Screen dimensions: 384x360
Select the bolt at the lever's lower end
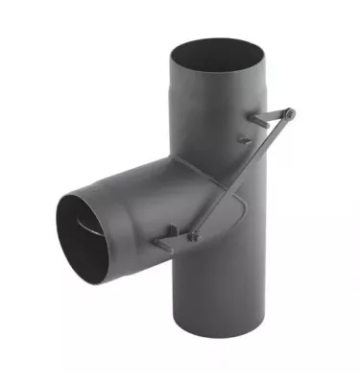coord(192,231)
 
